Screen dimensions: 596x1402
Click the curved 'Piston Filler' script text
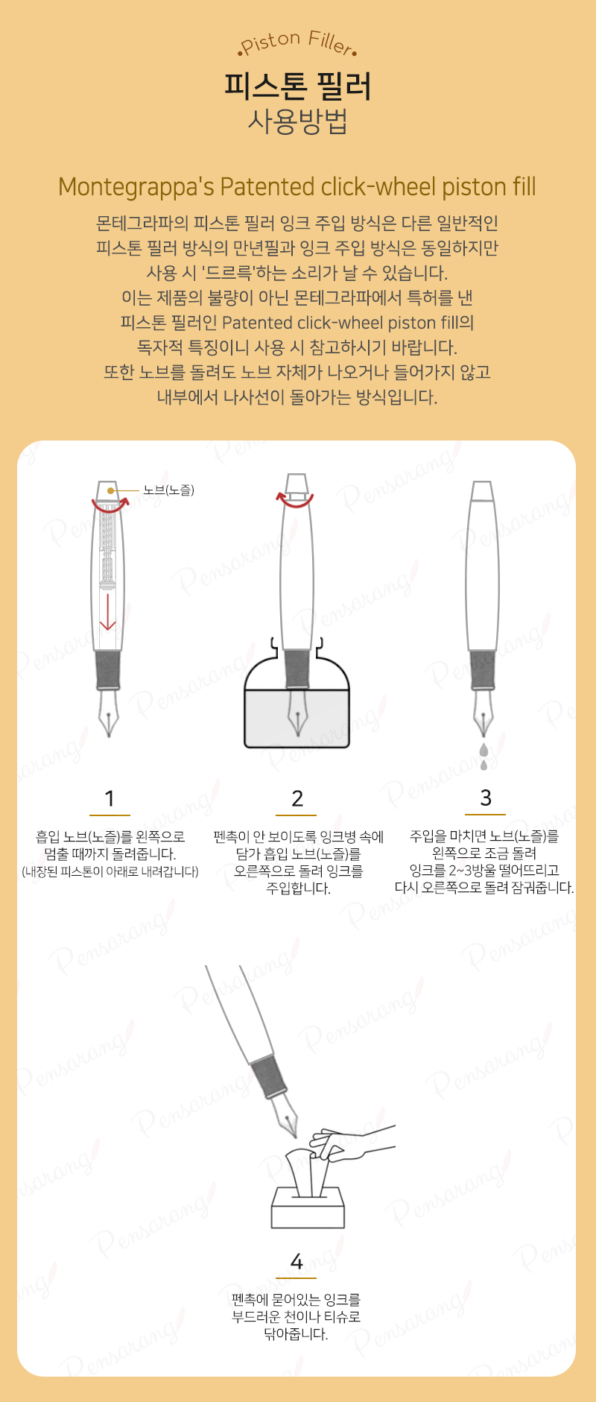297,42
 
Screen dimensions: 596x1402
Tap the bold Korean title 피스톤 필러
298,86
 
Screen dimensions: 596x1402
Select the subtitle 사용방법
298,121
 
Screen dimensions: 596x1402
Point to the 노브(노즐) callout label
169,490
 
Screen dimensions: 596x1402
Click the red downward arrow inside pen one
108,611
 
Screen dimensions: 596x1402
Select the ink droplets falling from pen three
484,756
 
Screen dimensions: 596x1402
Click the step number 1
110,798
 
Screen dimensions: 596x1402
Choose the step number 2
297,798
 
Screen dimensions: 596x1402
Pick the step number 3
486,798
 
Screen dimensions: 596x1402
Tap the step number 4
297,1261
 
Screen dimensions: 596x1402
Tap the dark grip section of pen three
483,669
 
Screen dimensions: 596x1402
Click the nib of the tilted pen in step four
287,1115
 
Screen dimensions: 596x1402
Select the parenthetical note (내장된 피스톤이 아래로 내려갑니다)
110,871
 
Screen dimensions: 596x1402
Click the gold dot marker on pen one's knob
110,490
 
